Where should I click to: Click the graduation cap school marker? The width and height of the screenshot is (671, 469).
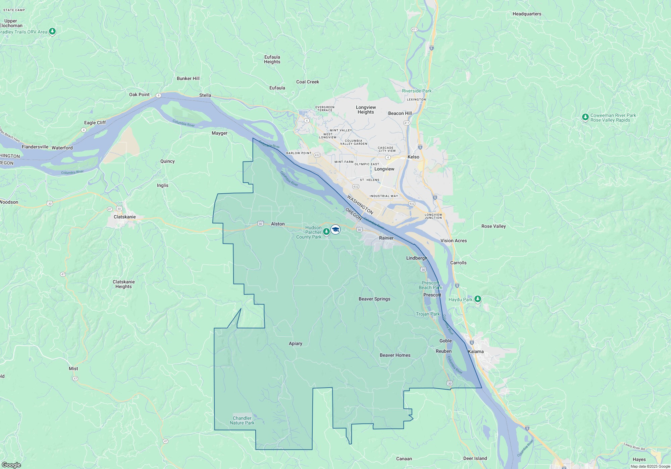click(335, 229)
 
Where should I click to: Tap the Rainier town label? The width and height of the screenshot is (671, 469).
click(386, 238)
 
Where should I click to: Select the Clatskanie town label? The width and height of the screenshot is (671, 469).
click(124, 217)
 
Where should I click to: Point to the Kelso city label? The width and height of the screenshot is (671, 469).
click(413, 157)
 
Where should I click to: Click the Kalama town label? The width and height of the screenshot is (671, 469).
click(476, 351)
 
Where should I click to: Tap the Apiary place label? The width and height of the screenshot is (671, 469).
click(296, 343)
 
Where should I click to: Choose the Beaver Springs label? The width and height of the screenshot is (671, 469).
click(374, 299)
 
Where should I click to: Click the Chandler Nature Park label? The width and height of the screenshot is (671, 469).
click(242, 420)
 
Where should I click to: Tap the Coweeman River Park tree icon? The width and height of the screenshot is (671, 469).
click(585, 117)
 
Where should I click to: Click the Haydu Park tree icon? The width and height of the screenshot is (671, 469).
click(478, 299)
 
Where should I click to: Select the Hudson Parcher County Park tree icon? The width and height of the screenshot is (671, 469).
click(326, 231)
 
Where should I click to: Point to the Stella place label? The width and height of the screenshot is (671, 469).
click(205, 95)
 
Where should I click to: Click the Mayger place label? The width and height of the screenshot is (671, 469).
click(219, 133)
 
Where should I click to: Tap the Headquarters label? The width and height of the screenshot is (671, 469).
click(527, 14)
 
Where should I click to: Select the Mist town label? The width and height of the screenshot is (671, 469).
click(73, 368)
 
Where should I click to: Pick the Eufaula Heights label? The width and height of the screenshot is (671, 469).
click(272, 59)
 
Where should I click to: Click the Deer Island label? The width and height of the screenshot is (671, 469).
click(475, 458)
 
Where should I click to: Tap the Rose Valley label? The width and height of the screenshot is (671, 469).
click(494, 226)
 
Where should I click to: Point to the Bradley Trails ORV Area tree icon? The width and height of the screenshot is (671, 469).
click(52, 31)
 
